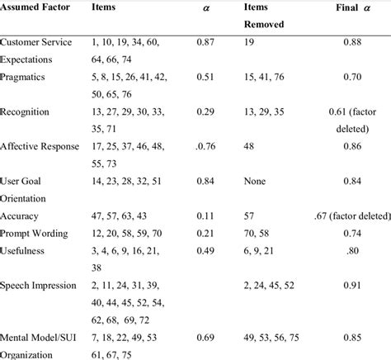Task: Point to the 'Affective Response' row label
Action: [x=40, y=147]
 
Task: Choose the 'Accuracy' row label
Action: [x=22, y=216]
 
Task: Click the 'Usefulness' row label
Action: [x=25, y=251]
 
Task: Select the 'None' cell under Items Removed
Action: [x=256, y=181]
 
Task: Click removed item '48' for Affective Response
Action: [x=250, y=147]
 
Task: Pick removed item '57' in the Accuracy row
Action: [x=250, y=216]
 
